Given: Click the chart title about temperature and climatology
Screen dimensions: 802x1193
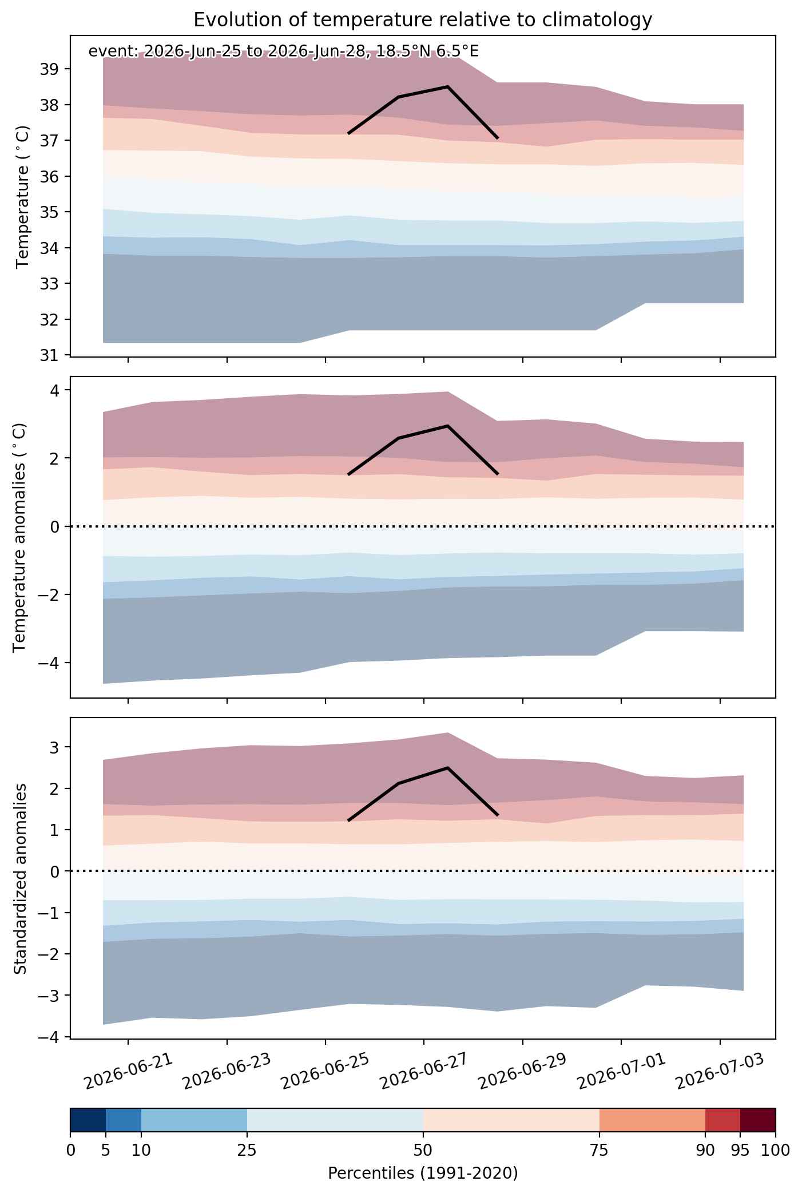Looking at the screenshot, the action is pos(423,20).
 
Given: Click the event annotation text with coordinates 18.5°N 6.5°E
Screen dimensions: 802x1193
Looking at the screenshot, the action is pos(284,51).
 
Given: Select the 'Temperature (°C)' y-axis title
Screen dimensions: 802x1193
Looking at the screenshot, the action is pos(23,213).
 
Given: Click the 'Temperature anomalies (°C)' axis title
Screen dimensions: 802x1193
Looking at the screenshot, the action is pos(19,537).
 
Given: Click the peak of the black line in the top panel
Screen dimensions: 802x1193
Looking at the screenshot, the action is pos(447,86).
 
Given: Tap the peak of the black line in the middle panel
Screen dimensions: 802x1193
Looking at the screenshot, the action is pos(447,426).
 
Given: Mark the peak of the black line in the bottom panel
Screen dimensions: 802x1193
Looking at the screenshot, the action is pos(447,768).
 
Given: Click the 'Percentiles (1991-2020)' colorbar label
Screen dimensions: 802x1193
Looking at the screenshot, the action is pos(423,1174).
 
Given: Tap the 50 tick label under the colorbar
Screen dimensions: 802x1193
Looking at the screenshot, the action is pos(423,1151).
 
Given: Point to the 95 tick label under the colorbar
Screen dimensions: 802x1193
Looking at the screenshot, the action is pos(740,1151).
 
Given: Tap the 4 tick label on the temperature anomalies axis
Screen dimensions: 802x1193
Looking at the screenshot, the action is pos(54,390).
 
